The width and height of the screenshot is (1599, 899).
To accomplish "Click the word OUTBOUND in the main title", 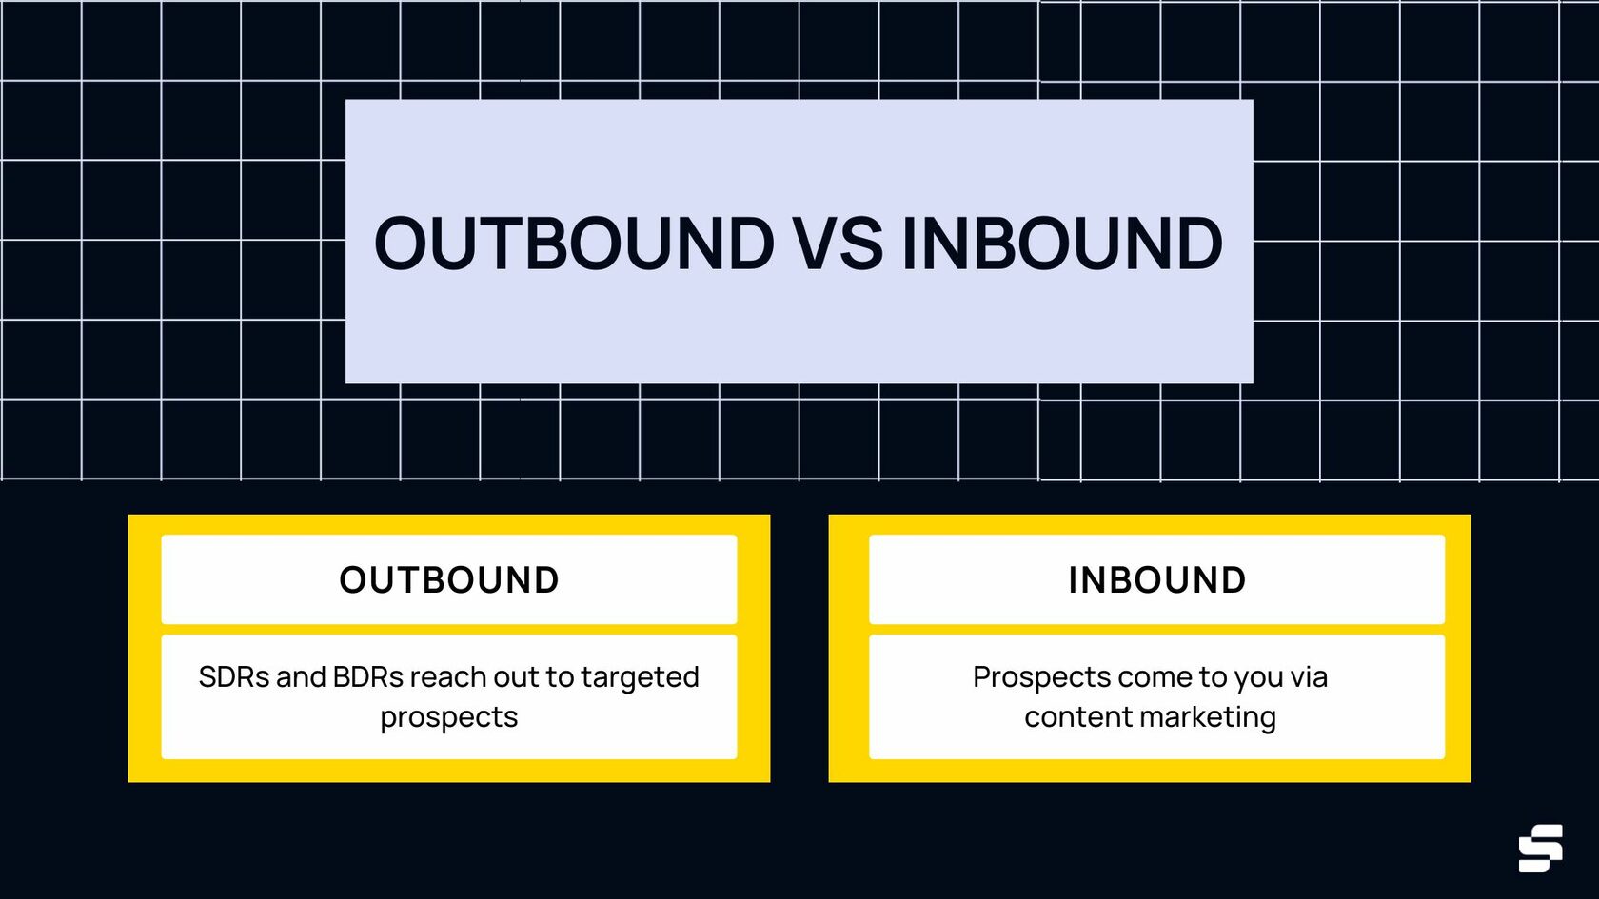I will [x=574, y=244].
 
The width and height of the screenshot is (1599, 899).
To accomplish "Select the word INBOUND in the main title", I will [x=1061, y=244].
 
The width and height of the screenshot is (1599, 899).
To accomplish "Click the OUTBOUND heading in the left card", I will [x=449, y=580].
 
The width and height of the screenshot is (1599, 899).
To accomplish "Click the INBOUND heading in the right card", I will [x=1156, y=580].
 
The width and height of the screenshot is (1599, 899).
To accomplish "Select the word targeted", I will [x=640, y=677].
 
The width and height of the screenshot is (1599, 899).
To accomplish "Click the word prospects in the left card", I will [x=449, y=717].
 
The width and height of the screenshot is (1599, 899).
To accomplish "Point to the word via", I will [x=1309, y=677].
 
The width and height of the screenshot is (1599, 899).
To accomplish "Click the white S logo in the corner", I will [x=1540, y=848].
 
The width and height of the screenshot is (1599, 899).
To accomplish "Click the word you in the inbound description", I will [x=1258, y=677].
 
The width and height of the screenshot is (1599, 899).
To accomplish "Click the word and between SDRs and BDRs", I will [x=301, y=677].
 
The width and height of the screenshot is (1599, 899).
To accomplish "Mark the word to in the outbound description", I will [x=561, y=677].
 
